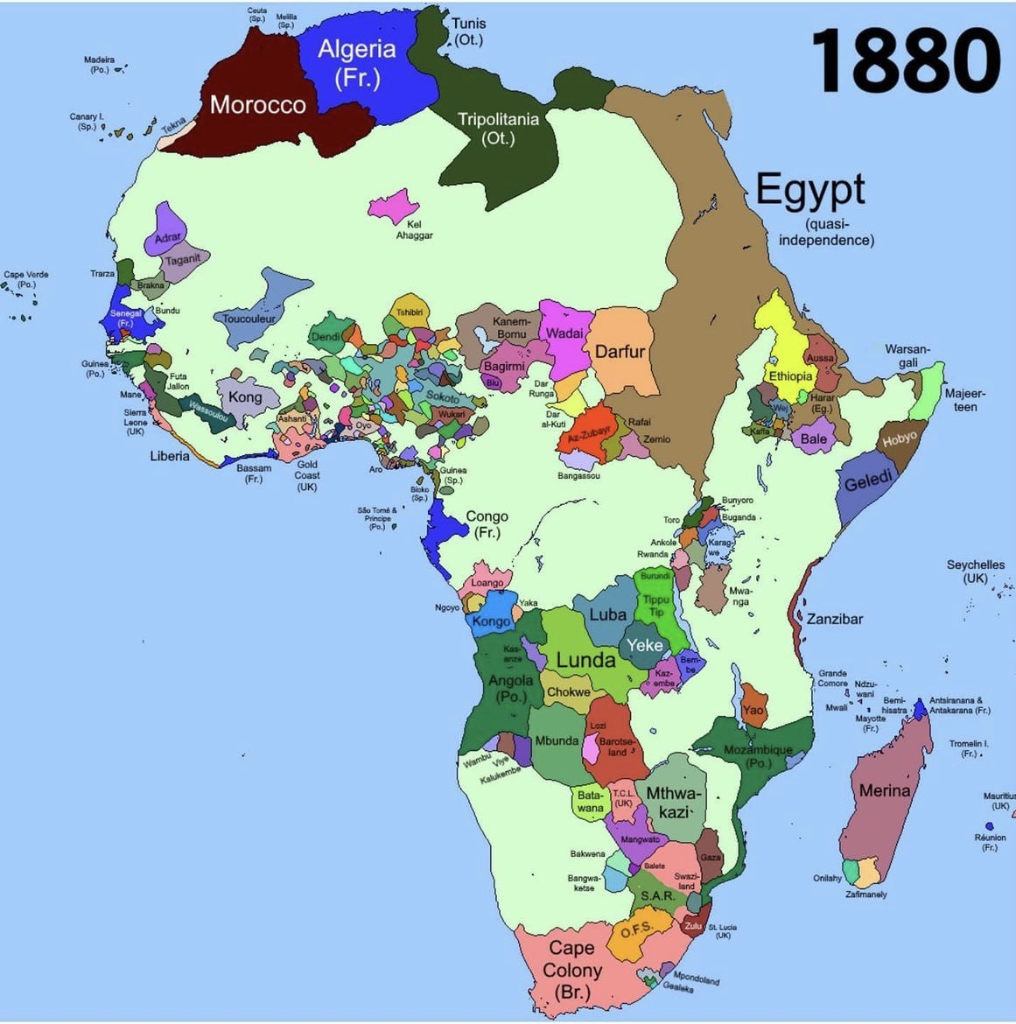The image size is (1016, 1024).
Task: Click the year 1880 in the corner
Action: [x=906, y=61]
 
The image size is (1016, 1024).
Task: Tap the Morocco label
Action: [x=257, y=105]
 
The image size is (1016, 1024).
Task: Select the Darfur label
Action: [x=620, y=352]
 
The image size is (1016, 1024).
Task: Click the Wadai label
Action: [x=564, y=333]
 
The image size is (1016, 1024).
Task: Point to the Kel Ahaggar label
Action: [x=414, y=229]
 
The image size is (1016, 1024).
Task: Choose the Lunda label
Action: [x=586, y=660]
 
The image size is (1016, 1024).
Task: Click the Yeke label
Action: [x=645, y=646]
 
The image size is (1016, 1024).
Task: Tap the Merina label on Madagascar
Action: [x=885, y=791]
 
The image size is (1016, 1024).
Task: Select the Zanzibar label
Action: [x=835, y=619]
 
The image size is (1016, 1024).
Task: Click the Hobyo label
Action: [x=900, y=438]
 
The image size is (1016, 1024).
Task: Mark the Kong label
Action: [x=245, y=396]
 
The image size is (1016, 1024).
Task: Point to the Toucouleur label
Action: [x=249, y=319]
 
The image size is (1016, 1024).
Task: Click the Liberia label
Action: [x=170, y=456]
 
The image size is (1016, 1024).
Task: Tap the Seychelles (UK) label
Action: [x=975, y=572]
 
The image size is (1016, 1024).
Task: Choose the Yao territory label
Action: [x=753, y=711]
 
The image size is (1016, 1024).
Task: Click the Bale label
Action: [x=813, y=438]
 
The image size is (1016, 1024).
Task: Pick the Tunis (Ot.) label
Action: [x=469, y=32]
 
